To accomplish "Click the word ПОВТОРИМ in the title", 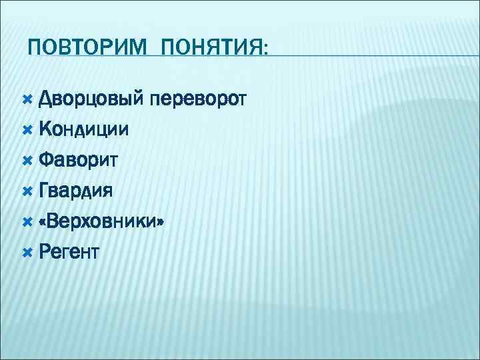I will point(81,49).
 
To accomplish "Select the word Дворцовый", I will point(91,101).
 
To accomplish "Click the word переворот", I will point(199,101).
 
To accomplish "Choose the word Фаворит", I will point(78,161).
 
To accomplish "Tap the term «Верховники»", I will point(101,221).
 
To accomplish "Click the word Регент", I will point(69,251).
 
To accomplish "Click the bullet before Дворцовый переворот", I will point(27,101).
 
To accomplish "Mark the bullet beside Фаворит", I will point(27,161).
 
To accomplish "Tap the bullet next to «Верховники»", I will point(27,221).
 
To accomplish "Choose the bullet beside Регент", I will point(27,251).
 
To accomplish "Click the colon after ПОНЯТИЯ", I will point(266,51).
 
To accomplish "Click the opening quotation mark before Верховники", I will point(44,222).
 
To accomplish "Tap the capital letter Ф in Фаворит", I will point(46,161).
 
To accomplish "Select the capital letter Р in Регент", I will point(45,251).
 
